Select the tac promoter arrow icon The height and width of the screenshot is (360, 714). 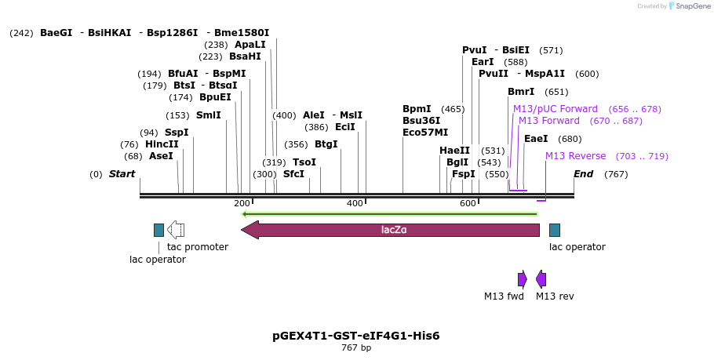point(176,230)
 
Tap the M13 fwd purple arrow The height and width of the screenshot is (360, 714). point(523,279)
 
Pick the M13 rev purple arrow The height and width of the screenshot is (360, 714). point(541,279)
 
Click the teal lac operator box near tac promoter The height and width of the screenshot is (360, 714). point(158,230)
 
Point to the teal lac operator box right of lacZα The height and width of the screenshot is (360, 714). point(555,230)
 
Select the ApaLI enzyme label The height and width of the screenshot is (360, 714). point(250,45)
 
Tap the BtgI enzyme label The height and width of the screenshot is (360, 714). point(326,144)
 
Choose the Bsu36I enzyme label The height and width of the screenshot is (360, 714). point(421,121)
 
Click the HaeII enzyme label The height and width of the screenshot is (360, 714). point(454,151)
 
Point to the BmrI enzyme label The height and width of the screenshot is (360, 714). point(521,92)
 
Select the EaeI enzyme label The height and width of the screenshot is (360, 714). point(536,139)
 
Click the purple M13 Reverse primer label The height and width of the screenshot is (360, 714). point(575,156)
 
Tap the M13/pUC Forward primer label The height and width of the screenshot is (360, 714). point(555,109)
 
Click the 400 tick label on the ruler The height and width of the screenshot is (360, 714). point(355,204)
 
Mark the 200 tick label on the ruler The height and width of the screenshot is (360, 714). point(242,204)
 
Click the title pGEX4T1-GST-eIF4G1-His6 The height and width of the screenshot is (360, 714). point(356,336)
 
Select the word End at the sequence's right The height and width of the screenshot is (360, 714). point(583,174)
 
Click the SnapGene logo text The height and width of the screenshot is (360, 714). point(690,6)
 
